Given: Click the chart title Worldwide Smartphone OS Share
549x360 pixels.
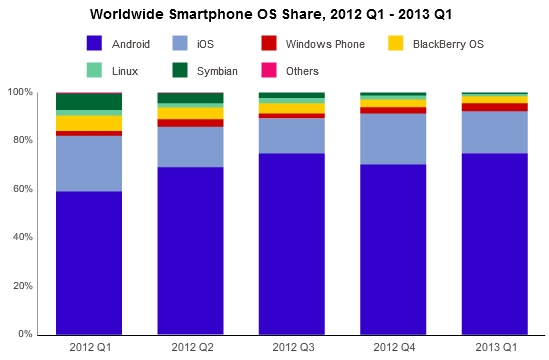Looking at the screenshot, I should click(274, 15).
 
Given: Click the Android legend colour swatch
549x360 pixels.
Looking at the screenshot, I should click(95, 44).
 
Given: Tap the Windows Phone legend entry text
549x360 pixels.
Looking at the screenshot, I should click(326, 44).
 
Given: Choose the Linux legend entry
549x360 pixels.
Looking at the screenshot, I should click(127, 71).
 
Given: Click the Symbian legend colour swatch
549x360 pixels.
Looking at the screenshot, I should click(181, 71).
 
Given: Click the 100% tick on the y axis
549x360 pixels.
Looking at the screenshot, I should click(19, 92).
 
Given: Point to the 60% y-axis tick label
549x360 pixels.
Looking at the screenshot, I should click(22, 189).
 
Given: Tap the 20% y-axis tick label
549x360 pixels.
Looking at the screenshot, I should click(22, 286).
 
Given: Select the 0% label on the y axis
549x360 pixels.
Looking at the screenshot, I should click(25, 334).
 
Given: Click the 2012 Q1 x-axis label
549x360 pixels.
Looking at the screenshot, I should click(89, 347).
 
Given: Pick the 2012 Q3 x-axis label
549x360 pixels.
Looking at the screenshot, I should click(291, 347).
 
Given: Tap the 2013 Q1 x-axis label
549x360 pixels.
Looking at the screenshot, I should click(494, 347).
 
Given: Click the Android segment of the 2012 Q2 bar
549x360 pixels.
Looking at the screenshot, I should click(190, 250).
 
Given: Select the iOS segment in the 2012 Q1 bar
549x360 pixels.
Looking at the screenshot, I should click(89, 163).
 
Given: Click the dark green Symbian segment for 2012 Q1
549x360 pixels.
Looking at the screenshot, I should click(89, 101).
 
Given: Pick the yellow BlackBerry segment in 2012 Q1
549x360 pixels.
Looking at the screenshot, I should click(89, 123).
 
